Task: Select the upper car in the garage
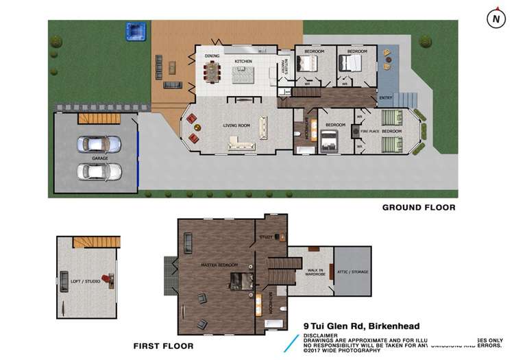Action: click(99, 144)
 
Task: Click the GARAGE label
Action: click(100, 158)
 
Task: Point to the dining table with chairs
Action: click(213, 70)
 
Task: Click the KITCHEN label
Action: click(243, 62)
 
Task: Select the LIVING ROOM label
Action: click(236, 125)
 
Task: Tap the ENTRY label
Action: click(386, 97)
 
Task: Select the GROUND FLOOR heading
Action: click(418, 207)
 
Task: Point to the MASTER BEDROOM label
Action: click(219, 265)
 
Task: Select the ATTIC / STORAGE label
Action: click(352, 272)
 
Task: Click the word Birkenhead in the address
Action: click(391, 326)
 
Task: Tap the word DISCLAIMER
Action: click(320, 335)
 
